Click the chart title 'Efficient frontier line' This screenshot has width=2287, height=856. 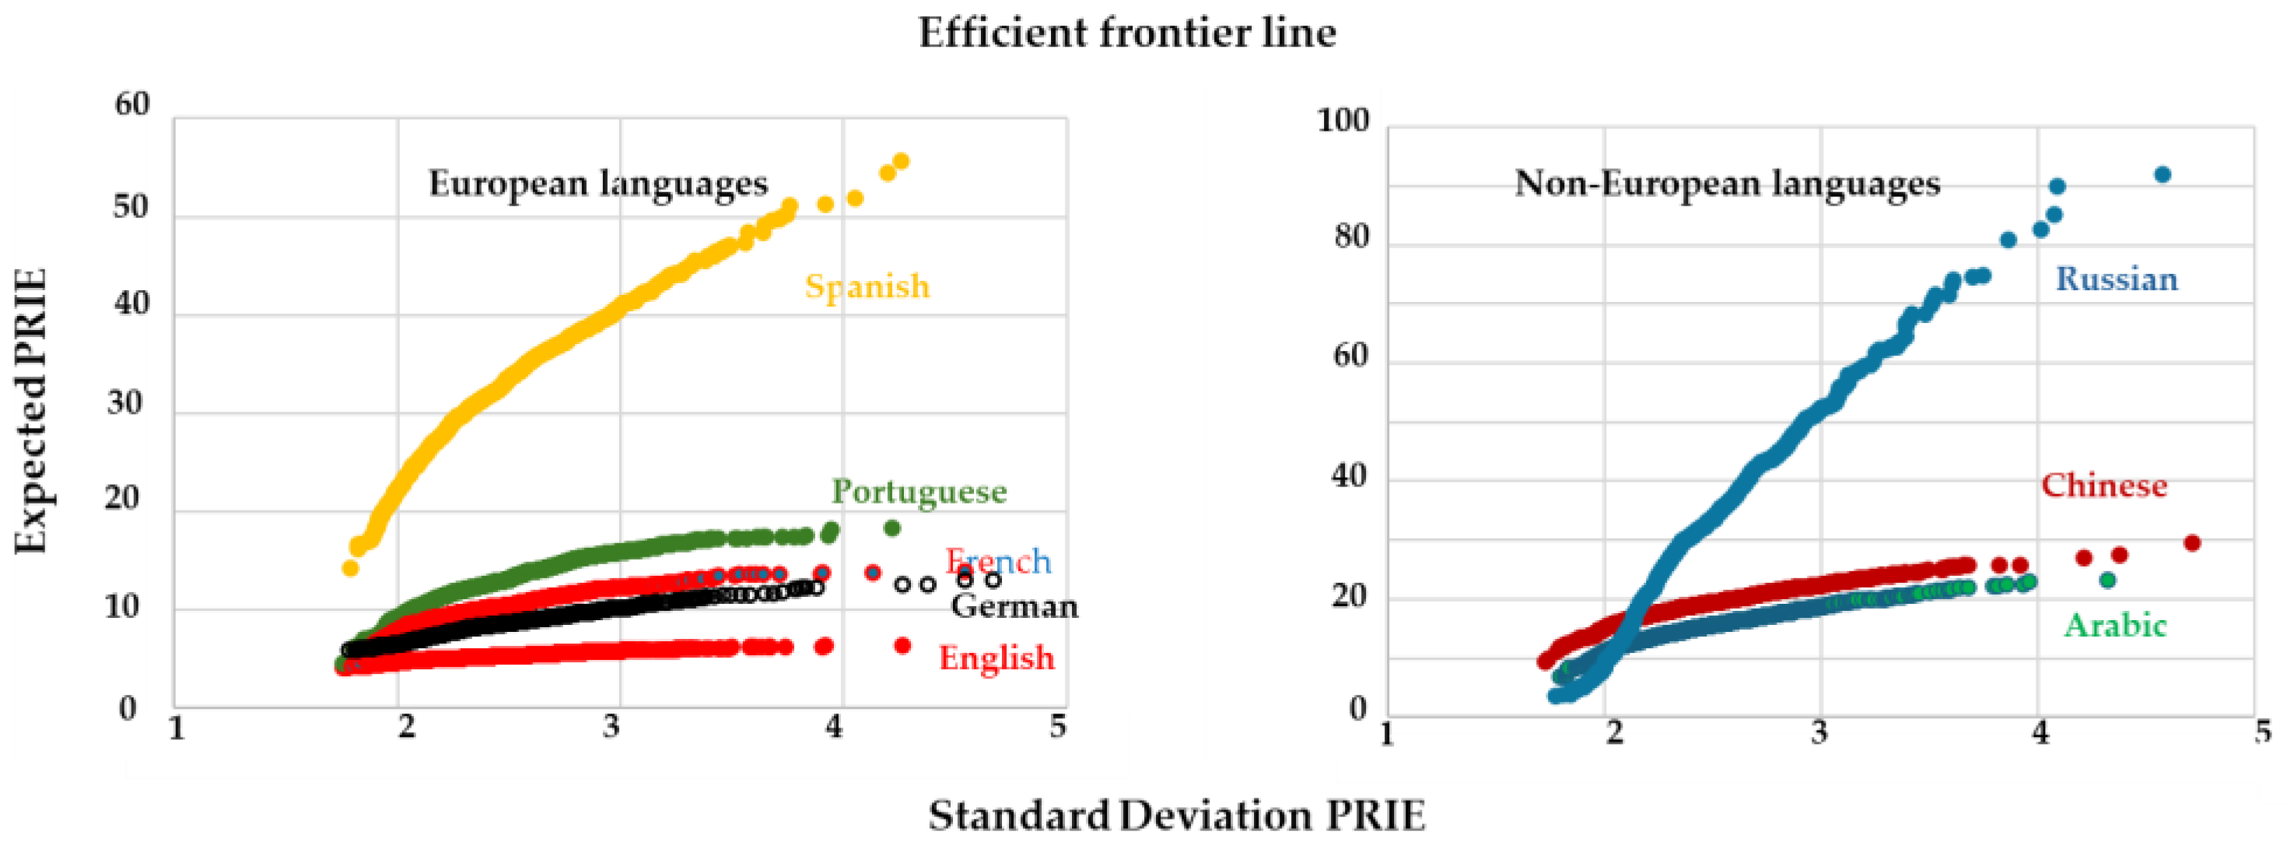point(1126,33)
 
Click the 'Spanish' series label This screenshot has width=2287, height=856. point(867,287)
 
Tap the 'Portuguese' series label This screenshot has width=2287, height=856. point(919,491)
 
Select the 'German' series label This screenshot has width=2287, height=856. point(1014,606)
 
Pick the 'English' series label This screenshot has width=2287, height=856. point(996,658)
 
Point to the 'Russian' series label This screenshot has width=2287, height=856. point(2117,279)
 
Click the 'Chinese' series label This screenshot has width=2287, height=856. point(2103,486)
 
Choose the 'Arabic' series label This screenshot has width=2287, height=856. point(2115,626)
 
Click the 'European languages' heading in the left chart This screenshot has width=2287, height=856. point(597,184)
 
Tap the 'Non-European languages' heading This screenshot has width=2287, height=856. point(1727,184)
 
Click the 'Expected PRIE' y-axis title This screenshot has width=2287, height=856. point(30,411)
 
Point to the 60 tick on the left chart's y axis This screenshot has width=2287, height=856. point(132,105)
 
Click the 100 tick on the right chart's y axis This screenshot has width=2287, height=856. point(1343,120)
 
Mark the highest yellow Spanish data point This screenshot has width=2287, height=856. point(901,161)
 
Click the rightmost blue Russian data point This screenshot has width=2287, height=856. point(2163,174)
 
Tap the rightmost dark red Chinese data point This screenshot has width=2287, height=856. point(2191,542)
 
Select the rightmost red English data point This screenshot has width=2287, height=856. point(903,646)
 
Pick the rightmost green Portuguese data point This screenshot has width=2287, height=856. point(892,528)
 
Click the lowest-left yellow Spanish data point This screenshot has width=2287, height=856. point(351,568)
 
